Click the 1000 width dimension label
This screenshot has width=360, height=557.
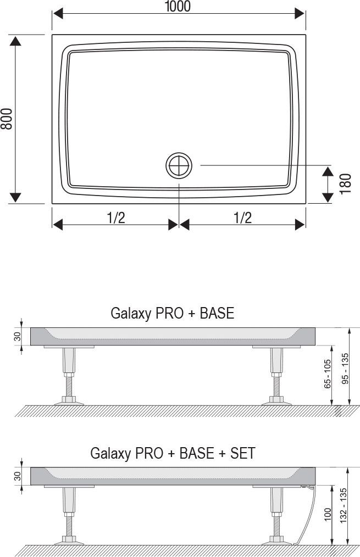(x=178, y=7)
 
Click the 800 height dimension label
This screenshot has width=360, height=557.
(x=7, y=118)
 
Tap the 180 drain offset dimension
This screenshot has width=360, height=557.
(x=345, y=183)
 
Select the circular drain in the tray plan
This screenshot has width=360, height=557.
(x=179, y=165)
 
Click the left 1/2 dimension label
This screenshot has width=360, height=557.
(x=115, y=218)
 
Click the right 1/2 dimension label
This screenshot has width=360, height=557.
(x=242, y=218)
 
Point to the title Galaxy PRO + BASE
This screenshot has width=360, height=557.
(x=172, y=313)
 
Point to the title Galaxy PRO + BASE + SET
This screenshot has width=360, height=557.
(x=173, y=453)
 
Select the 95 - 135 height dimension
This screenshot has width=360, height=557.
(x=345, y=369)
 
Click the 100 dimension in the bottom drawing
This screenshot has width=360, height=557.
(x=328, y=515)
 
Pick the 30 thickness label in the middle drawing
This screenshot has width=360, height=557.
(x=17, y=336)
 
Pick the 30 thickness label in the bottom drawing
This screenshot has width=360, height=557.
(x=17, y=475)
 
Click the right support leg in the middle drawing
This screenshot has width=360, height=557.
(x=275, y=376)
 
